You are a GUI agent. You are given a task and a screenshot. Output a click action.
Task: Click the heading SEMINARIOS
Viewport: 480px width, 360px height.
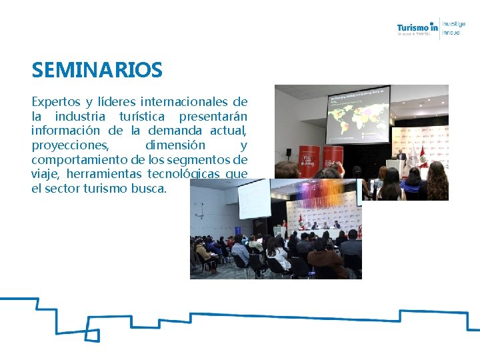click(x=97, y=69)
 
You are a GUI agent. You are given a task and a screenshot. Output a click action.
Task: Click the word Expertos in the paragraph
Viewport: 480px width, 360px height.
click(x=55, y=102)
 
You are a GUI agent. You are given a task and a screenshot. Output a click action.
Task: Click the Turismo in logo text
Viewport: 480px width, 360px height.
click(x=417, y=27)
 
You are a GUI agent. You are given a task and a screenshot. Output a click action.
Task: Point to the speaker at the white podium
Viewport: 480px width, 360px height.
click(x=400, y=159)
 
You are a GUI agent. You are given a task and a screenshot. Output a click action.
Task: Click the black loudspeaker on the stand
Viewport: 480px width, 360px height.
click(x=288, y=153)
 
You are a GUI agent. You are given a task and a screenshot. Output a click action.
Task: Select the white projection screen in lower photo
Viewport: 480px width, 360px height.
click(x=254, y=198)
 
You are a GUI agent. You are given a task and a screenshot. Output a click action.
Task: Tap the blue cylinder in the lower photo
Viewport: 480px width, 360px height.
click(x=283, y=231)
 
